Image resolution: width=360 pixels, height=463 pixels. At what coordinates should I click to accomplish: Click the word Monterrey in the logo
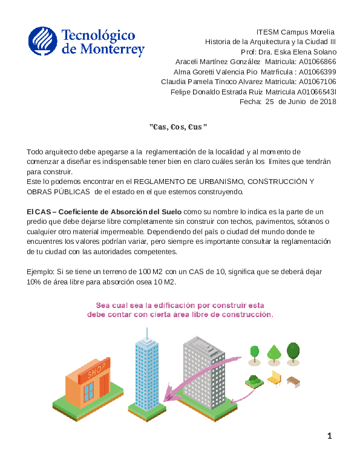113,50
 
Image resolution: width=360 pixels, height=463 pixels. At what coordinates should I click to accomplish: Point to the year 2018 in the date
327,102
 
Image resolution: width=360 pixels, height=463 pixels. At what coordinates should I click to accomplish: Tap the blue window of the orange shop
89,392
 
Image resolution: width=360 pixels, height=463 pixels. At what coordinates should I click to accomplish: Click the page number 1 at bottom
330,436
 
